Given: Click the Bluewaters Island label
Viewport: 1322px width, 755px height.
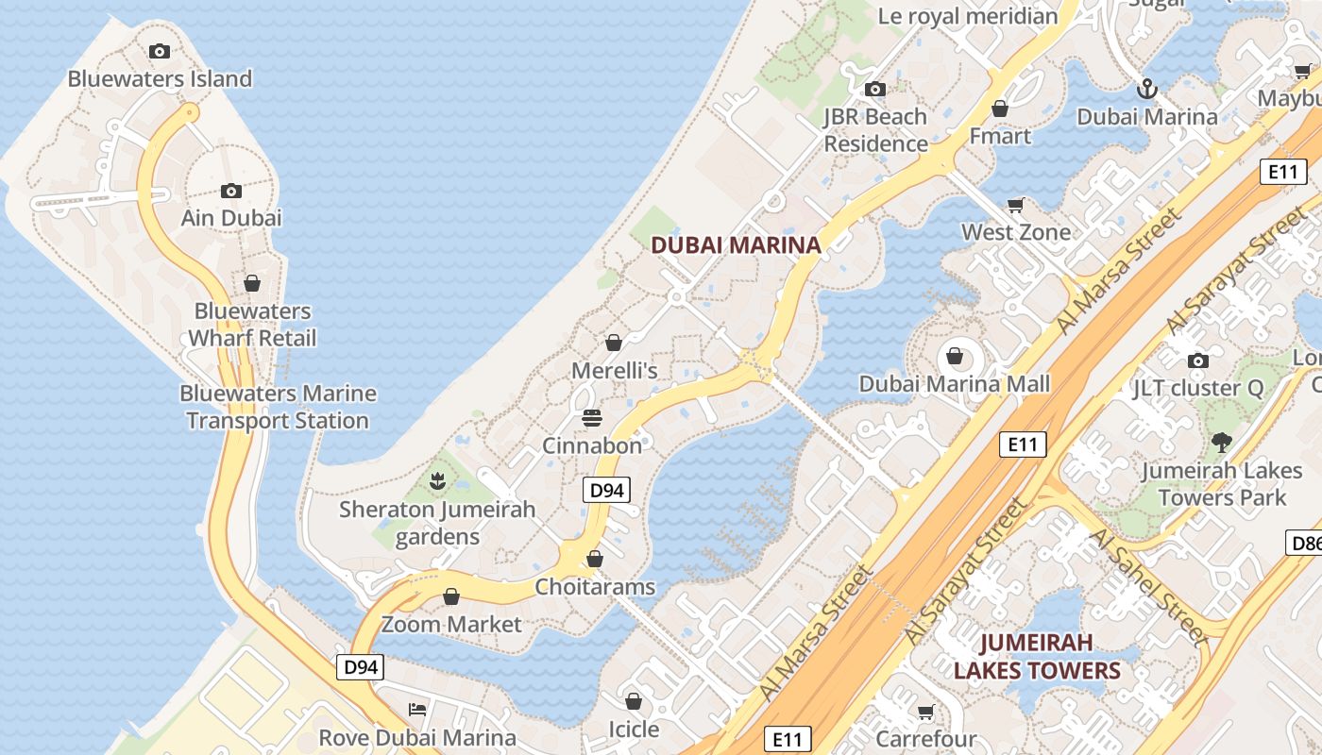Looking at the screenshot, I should click(160, 78).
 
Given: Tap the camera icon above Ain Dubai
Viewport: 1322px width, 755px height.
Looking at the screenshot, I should click(231, 191).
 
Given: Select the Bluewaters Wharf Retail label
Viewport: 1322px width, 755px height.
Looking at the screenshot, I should click(252, 325).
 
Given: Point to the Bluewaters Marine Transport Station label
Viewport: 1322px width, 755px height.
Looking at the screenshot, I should click(278, 407).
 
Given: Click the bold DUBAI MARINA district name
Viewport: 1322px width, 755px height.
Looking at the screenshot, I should click(736, 245).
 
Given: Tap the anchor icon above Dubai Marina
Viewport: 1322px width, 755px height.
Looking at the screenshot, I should click(1146, 90).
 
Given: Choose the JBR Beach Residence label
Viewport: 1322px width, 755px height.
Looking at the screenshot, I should click(875, 130).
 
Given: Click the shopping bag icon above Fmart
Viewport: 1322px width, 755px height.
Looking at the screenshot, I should click(1000, 109).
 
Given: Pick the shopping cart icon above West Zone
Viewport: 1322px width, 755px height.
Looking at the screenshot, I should click(1016, 205).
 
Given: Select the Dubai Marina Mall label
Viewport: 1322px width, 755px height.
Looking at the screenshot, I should click(954, 384).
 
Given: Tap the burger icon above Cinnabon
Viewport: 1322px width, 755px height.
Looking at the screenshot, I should click(592, 417).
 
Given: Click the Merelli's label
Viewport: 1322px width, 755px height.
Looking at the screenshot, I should click(614, 371).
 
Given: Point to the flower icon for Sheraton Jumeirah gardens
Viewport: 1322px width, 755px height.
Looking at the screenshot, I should click(436, 482).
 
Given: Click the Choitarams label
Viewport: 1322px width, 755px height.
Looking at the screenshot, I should click(595, 587).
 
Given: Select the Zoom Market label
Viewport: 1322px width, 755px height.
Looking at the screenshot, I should click(451, 624).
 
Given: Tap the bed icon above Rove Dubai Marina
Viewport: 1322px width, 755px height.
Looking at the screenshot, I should click(417, 709).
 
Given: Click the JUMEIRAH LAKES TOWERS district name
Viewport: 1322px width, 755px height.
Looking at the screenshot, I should click(1036, 657).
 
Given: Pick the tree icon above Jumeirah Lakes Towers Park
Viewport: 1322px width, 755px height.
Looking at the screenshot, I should click(1222, 442).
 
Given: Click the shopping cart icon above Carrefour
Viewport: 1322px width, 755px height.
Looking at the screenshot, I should click(925, 712).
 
